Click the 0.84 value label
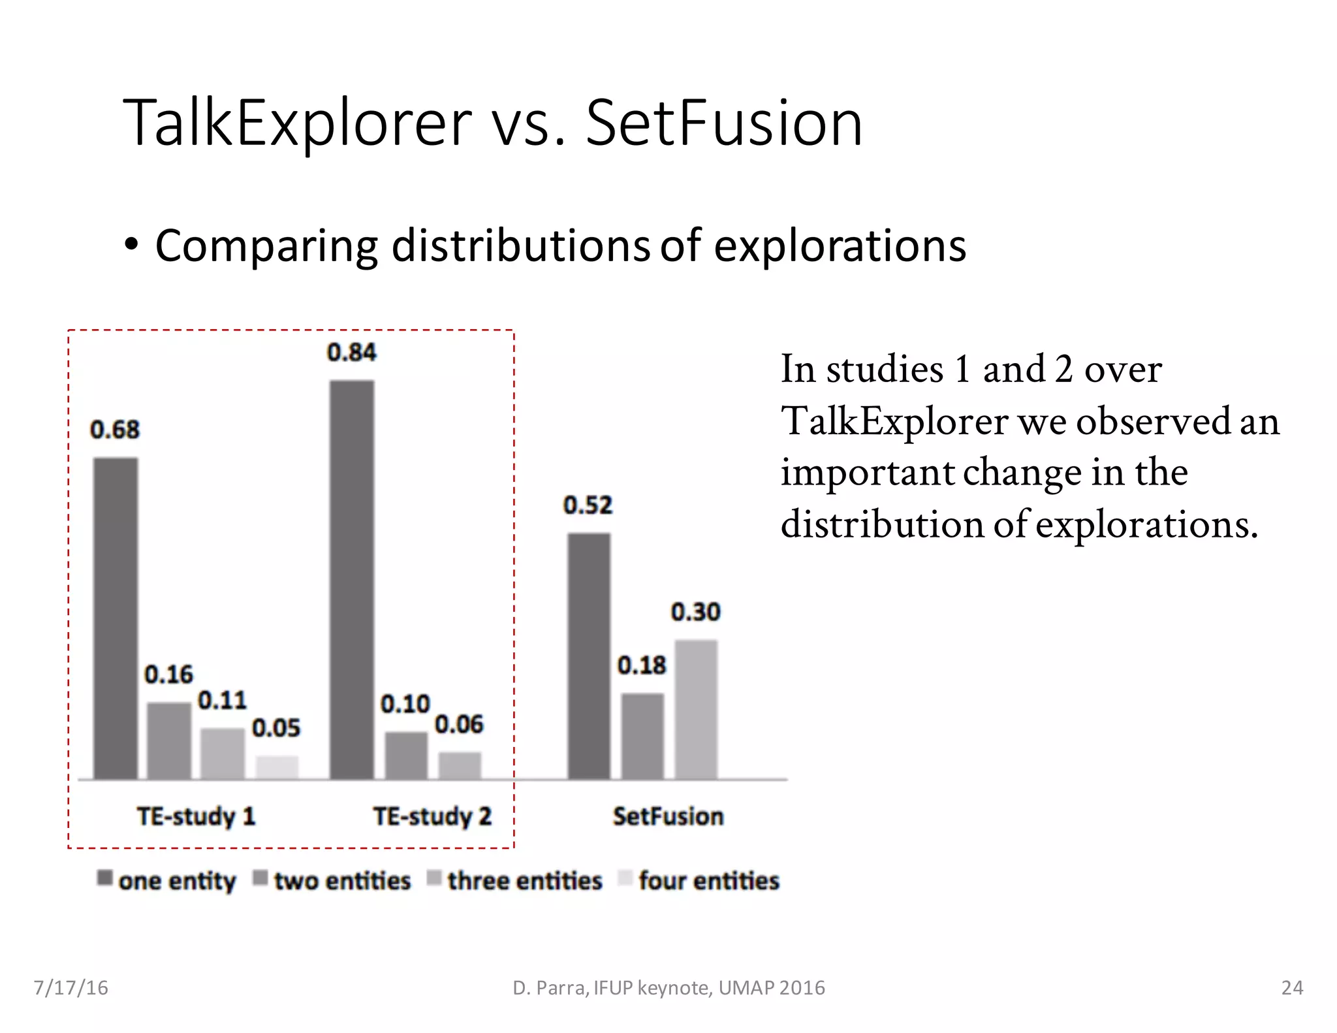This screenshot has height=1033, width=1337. tap(351, 353)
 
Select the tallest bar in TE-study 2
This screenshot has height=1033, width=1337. tap(352, 580)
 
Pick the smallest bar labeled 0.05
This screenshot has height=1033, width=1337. tap(277, 767)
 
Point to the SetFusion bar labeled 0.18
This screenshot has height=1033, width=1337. tap(642, 736)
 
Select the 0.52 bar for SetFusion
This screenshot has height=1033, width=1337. tap(589, 656)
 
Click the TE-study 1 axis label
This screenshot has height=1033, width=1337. tap(196, 816)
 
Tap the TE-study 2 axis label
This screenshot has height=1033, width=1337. tap(432, 816)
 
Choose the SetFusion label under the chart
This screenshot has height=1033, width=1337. tap(668, 816)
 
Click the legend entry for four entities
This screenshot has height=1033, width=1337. tap(699, 880)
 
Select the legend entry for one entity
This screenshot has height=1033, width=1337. tap(167, 880)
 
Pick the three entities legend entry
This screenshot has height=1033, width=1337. tap(515, 880)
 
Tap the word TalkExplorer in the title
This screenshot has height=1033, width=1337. tap(297, 123)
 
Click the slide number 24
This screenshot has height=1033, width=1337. tap(1292, 987)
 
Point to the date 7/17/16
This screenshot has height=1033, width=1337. tap(71, 987)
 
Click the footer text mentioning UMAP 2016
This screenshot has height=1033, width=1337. tap(668, 987)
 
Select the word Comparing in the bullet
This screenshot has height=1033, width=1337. tap(266, 246)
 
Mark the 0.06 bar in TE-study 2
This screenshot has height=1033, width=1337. tap(460, 765)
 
